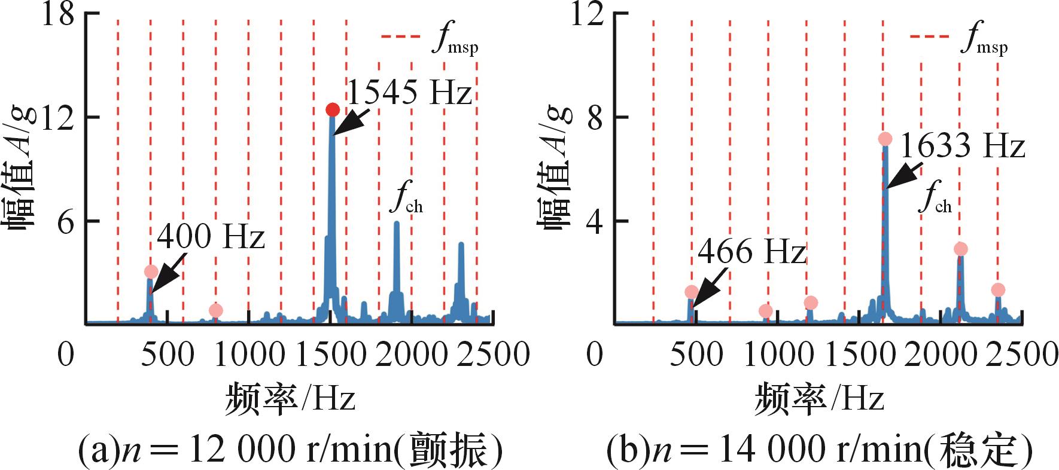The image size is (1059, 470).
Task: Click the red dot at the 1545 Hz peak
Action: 333,110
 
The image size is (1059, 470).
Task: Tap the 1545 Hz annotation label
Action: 409,93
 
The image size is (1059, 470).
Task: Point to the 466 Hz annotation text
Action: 751,251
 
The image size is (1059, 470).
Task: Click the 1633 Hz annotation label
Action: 962,146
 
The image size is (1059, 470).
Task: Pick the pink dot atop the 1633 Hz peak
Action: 885,139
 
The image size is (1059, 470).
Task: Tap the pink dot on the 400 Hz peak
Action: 151,272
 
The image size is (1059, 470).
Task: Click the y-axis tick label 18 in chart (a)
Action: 57,14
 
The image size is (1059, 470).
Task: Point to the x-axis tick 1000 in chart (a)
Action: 249,354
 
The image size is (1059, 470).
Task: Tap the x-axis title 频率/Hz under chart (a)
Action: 291,399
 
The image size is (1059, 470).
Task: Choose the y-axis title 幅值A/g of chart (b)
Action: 554,167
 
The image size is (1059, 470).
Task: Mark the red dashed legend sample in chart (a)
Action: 401,37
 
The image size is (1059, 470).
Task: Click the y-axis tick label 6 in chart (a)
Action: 66,222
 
